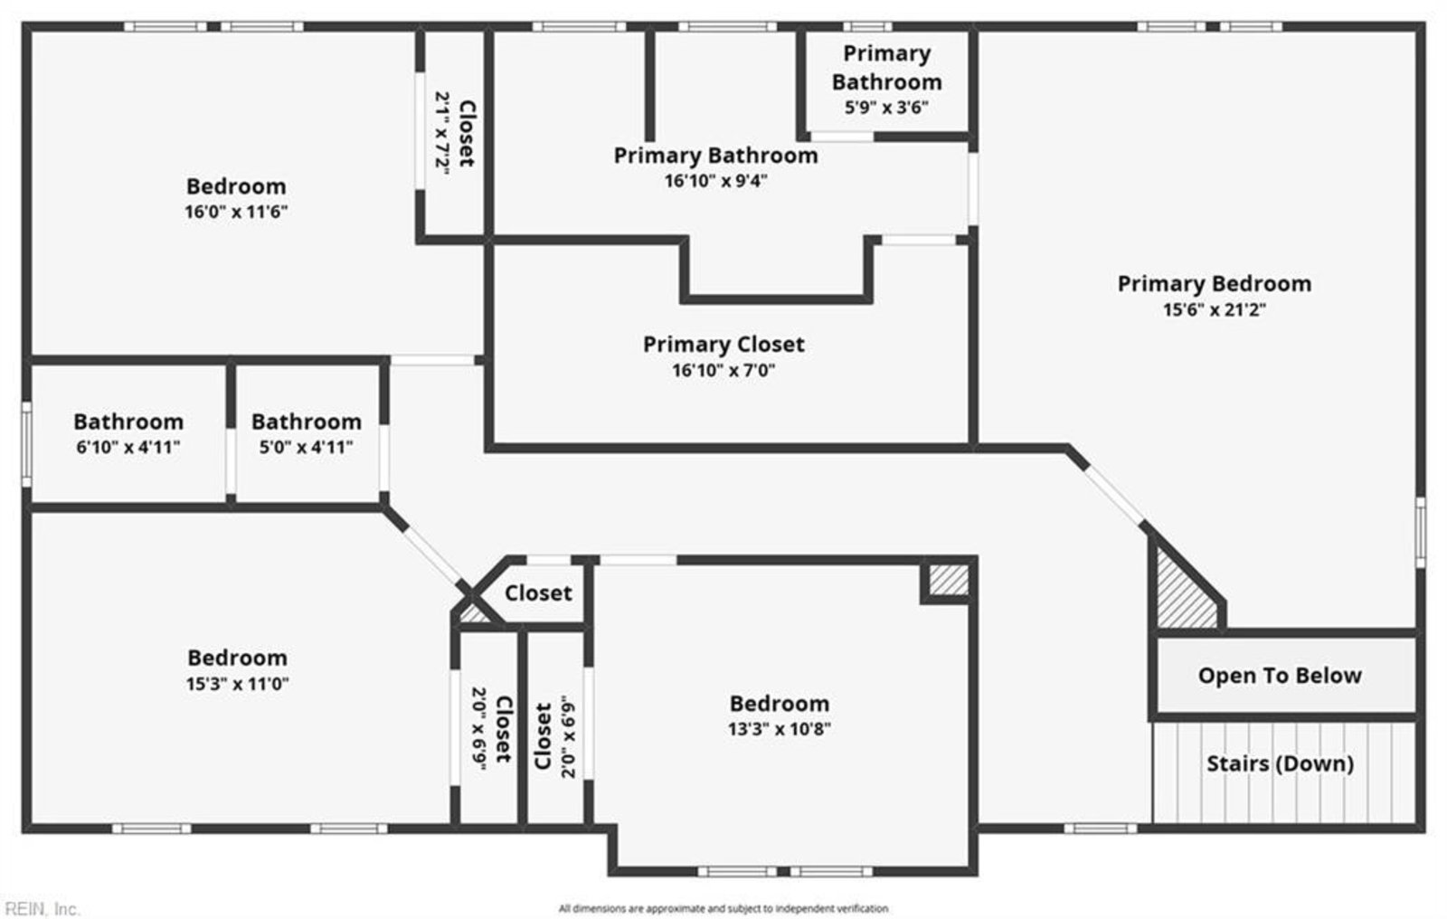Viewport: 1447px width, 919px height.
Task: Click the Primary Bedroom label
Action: [1214, 284]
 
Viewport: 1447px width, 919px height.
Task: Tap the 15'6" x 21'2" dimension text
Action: [1214, 309]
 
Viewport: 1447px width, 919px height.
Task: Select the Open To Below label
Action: [1279, 676]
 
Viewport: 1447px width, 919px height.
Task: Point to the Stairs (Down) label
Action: [1279, 764]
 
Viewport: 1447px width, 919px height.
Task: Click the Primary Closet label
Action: [723, 345]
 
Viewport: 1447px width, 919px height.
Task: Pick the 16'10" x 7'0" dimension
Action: [723, 370]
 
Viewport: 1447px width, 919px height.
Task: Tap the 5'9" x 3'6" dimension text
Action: [886, 108]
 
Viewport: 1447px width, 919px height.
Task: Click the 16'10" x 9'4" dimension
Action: [715, 181]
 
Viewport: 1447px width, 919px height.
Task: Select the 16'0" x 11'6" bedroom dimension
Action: [236, 213]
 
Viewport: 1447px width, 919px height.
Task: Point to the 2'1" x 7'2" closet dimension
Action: [442, 133]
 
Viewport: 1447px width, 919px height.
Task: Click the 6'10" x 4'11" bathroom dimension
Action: [128, 447]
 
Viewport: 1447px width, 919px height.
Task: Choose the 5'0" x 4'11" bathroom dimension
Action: [306, 447]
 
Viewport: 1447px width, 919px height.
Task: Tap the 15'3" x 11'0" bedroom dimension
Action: [237, 684]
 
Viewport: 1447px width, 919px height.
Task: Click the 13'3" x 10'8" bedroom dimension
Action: [779, 729]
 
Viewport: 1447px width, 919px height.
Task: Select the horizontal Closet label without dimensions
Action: [538, 593]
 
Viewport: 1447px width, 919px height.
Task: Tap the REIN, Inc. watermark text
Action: [42, 908]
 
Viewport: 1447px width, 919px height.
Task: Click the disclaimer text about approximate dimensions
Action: [723, 908]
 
